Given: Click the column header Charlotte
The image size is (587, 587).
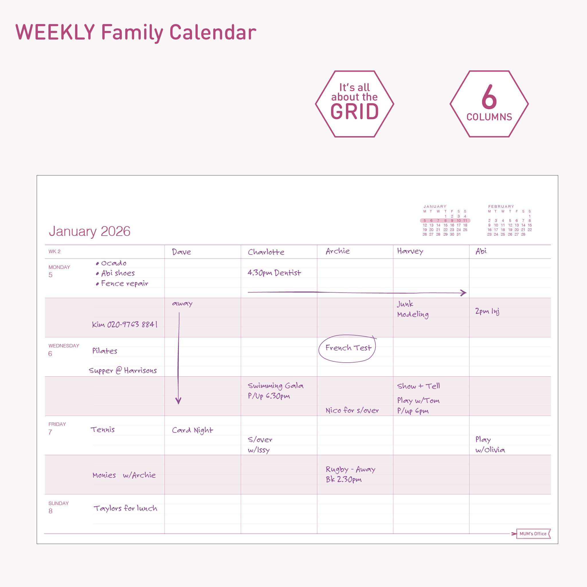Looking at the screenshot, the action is click(266, 252).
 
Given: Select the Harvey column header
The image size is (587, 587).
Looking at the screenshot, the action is click(410, 251).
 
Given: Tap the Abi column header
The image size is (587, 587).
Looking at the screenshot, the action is click(481, 251).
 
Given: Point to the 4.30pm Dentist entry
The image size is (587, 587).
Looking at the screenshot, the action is click(274, 273).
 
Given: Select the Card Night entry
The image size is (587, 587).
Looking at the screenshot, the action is click(193, 430).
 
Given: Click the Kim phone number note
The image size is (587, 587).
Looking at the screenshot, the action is click(125, 324).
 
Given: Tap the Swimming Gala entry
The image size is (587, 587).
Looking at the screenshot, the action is click(275, 386).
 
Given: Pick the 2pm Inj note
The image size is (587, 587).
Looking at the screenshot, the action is click(487, 311).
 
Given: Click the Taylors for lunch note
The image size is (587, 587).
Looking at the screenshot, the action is click(125, 508).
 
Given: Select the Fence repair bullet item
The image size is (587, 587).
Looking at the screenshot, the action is click(122, 283).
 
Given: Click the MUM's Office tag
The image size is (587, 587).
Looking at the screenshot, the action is click(533, 533).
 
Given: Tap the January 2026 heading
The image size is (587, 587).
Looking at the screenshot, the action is click(90, 231).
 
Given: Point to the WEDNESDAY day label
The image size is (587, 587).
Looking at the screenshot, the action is click(64, 346).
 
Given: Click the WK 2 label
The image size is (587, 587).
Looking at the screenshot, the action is click(54, 252).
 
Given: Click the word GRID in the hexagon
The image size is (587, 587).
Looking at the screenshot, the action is click(355, 111).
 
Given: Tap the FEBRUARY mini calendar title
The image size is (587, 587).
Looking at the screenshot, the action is click(501, 207).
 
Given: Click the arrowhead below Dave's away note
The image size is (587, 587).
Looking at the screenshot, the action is click(178, 401).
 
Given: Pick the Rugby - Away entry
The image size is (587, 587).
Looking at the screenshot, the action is click(350, 469).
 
